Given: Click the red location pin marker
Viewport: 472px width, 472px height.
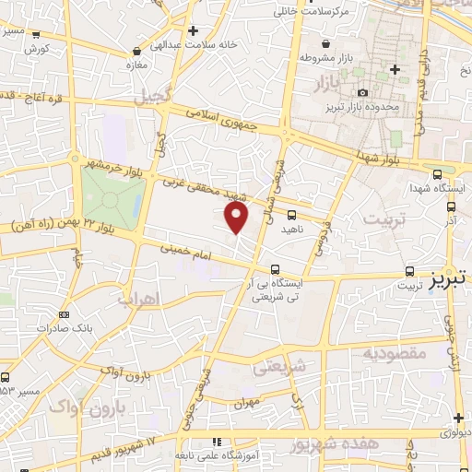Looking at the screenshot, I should coord(237,218).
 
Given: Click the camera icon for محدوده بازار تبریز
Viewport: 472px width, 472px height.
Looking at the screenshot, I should coord(362,93).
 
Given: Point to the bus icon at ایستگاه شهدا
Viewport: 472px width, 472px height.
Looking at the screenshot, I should coord(436,172).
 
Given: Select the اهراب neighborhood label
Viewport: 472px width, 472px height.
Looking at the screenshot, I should coord(139,299).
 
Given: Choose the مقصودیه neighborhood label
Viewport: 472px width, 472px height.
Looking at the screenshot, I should coord(393,353).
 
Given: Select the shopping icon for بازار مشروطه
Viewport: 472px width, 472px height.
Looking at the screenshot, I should coord(325,42).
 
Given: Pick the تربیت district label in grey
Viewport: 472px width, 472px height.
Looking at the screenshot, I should coord(383,221).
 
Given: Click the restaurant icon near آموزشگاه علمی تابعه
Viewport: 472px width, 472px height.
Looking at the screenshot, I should coord(218,442).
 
